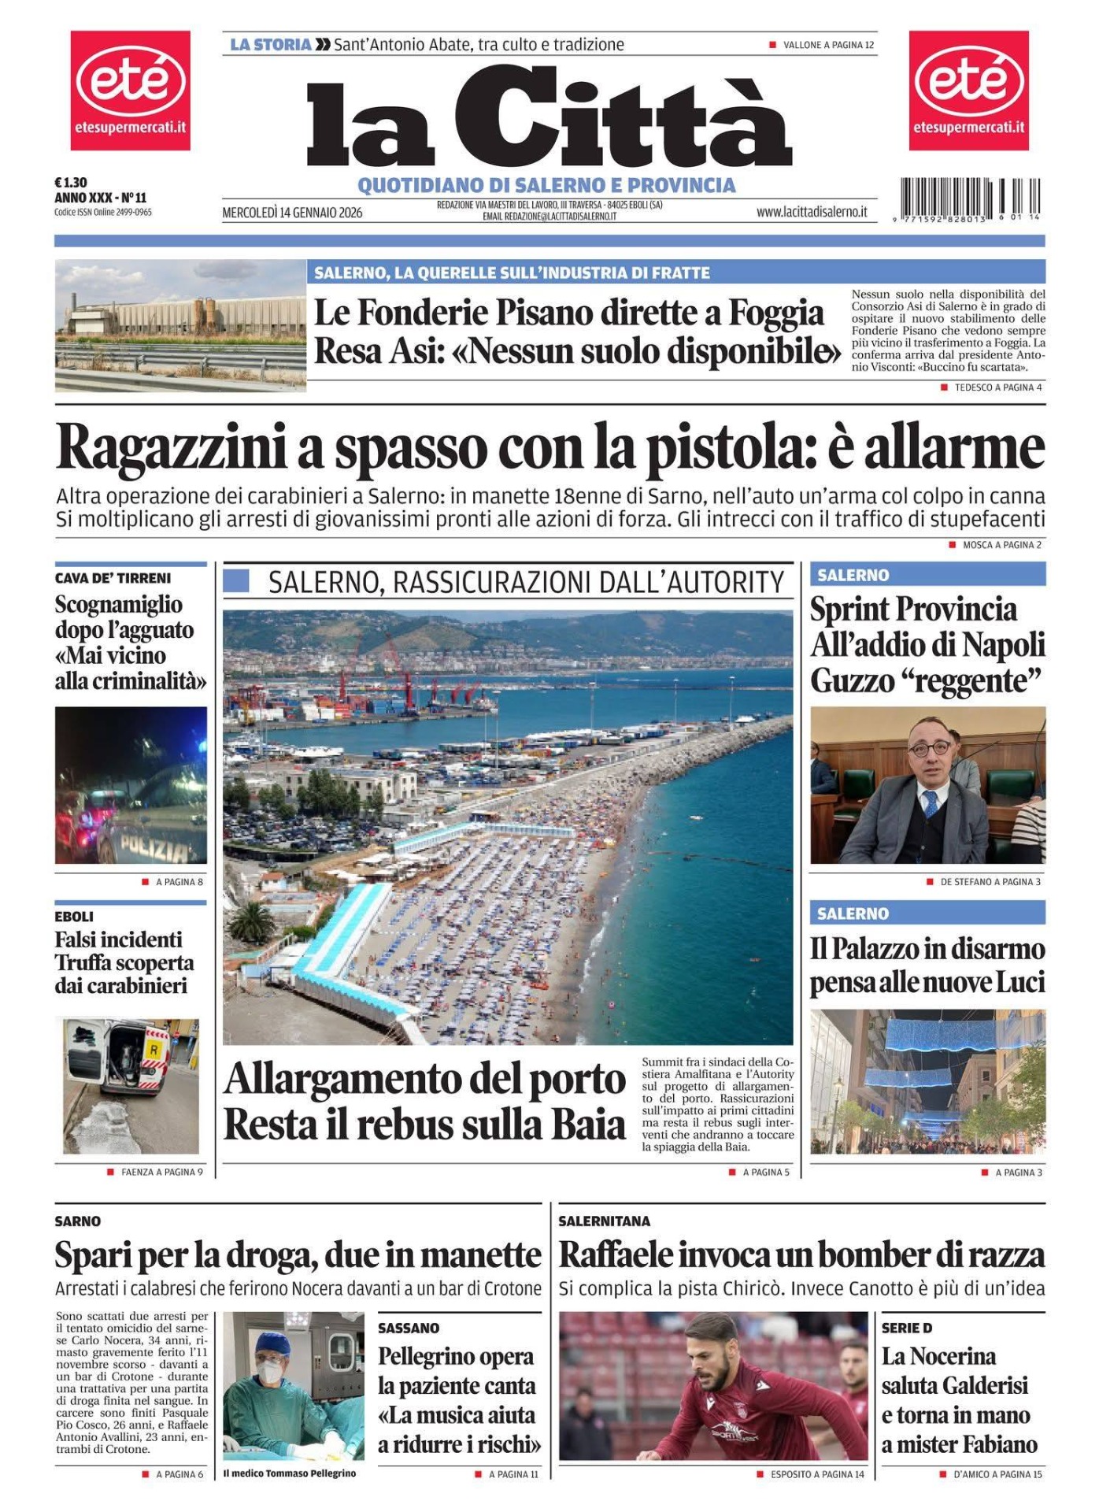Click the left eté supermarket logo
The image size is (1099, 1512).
(x=130, y=90)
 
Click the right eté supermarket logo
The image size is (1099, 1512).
(x=968, y=90)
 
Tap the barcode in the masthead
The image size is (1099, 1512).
(x=970, y=198)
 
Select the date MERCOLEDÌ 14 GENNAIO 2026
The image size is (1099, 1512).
(x=292, y=213)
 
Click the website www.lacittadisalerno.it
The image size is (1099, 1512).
(x=812, y=212)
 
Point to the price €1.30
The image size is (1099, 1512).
(x=71, y=183)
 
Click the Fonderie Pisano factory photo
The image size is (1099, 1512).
(x=180, y=325)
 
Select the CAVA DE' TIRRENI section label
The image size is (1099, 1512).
(x=113, y=578)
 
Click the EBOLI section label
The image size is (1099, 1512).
(x=74, y=917)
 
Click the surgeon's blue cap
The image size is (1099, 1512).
(x=273, y=1343)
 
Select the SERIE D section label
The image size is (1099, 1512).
(x=906, y=1329)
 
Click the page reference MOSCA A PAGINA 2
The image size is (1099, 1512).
(x=1001, y=545)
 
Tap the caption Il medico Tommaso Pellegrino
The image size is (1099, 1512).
(x=289, y=1473)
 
